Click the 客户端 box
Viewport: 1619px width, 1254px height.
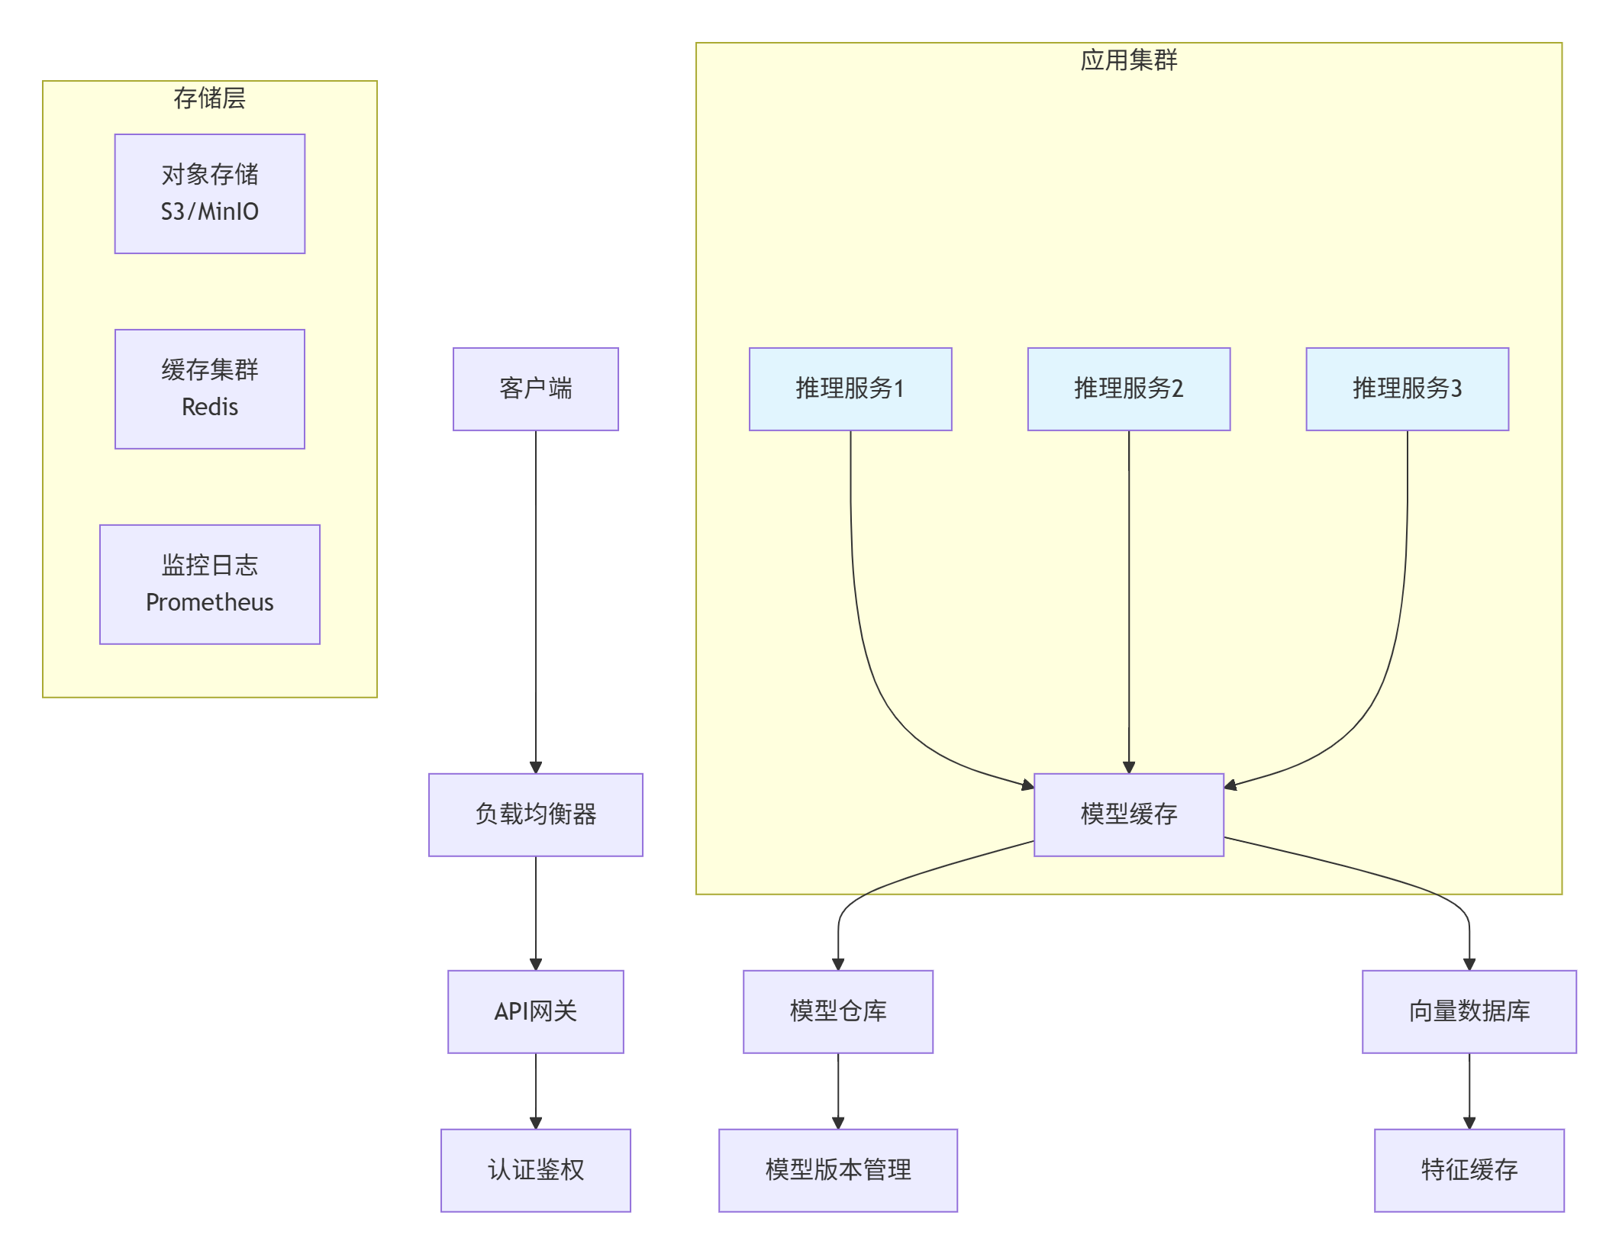click(x=535, y=389)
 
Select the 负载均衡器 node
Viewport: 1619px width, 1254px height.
click(x=535, y=814)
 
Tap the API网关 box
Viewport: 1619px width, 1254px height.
click(x=535, y=1011)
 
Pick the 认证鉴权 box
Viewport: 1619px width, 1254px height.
click(x=535, y=1170)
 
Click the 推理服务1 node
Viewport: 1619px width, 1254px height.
click(x=850, y=389)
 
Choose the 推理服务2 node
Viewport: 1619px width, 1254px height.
click(x=1128, y=389)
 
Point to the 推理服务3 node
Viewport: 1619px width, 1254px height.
click(x=1407, y=389)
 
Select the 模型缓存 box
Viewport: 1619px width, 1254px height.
click(x=1128, y=814)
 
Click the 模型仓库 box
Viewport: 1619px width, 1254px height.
click(x=837, y=1011)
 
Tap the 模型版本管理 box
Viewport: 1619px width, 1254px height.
click(x=837, y=1170)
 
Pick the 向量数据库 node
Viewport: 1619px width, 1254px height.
click(x=1469, y=1011)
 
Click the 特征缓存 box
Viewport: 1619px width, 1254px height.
click(x=1469, y=1170)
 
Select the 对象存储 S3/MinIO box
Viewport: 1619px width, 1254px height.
click(x=209, y=194)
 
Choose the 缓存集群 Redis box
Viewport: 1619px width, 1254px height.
click(x=209, y=389)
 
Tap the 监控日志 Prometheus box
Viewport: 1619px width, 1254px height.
click(x=209, y=584)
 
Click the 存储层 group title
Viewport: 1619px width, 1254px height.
click(x=209, y=98)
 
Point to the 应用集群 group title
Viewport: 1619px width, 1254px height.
click(x=1128, y=60)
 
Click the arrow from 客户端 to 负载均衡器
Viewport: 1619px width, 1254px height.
click(x=535, y=603)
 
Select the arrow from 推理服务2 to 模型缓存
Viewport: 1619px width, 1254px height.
click(x=1128, y=603)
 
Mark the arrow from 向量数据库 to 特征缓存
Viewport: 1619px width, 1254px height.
click(x=1469, y=1091)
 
